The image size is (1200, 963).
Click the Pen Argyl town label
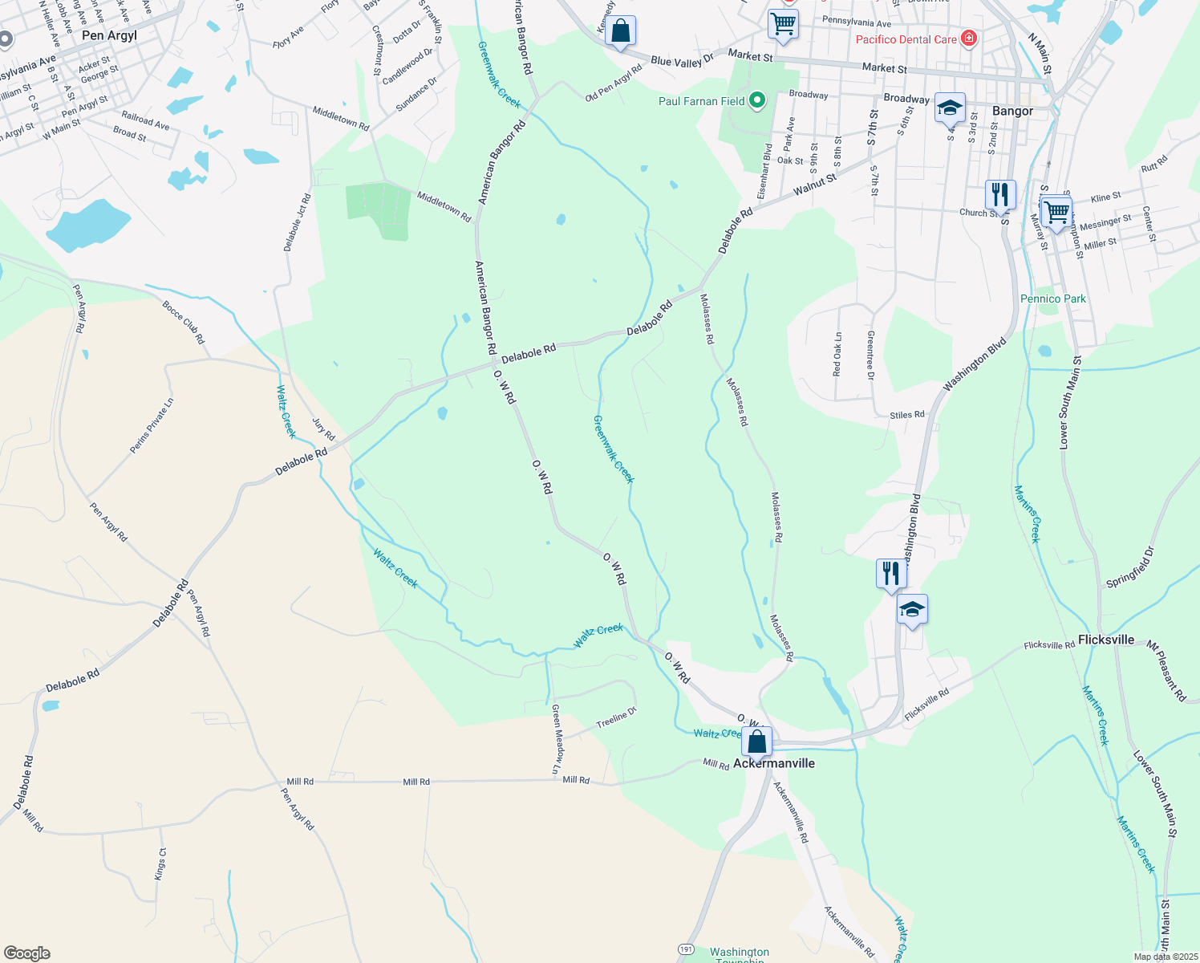click(x=109, y=35)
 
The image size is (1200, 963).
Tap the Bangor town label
click(x=1012, y=111)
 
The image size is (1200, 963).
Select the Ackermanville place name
click(x=774, y=763)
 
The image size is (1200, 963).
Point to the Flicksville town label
click(x=1106, y=640)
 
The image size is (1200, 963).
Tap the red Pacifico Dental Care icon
click(x=969, y=39)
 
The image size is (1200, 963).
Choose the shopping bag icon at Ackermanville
click(x=756, y=742)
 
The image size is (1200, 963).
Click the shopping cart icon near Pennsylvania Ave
click(x=783, y=24)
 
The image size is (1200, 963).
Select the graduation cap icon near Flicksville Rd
click(x=912, y=611)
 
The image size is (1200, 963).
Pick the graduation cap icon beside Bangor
click(x=950, y=108)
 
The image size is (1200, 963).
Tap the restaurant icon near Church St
click(x=1000, y=194)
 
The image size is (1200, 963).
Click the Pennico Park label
click(x=1053, y=299)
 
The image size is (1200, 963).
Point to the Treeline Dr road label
click(x=616, y=719)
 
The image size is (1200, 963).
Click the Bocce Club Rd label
click(x=184, y=323)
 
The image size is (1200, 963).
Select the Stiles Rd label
click(x=907, y=415)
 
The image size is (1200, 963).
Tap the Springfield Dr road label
click(x=1130, y=567)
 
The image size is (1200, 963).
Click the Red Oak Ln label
click(x=837, y=354)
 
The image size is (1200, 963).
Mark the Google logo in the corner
click(x=26, y=953)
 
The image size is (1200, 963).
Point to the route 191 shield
click(x=685, y=949)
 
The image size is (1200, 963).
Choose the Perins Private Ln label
click(x=152, y=426)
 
